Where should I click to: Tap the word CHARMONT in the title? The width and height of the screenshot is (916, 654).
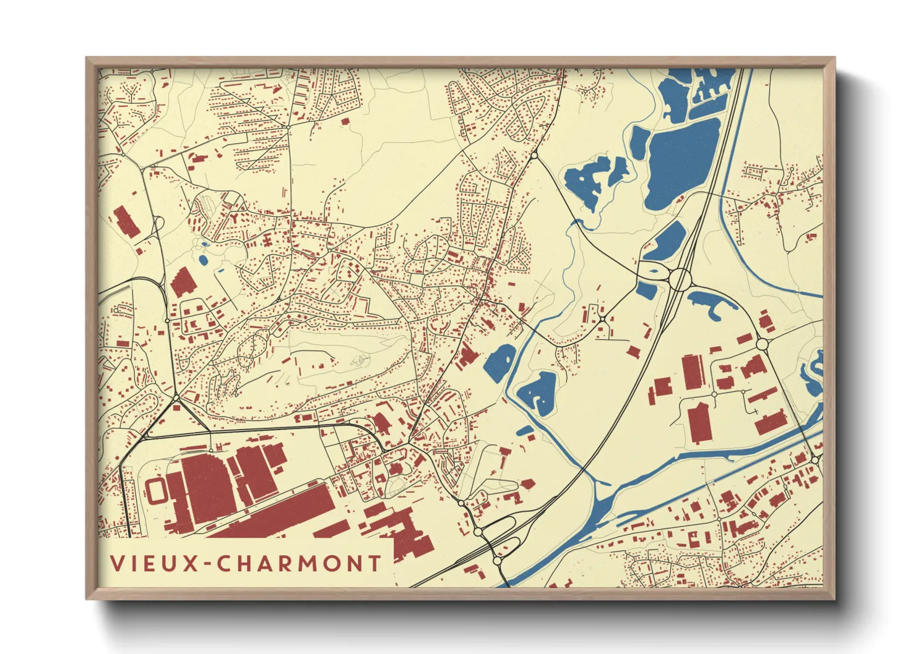pyautogui.click(x=300, y=563)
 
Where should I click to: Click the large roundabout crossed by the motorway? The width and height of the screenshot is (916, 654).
pyautogui.click(x=680, y=279)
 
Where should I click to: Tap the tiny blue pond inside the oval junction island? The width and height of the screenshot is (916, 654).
pyautogui.click(x=652, y=271)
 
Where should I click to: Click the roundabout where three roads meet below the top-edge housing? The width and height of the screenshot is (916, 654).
pyautogui.click(x=534, y=155)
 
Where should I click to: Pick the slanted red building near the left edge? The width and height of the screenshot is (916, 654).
pyautogui.click(x=126, y=221)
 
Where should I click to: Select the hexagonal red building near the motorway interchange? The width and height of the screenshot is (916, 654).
pyautogui.click(x=527, y=484)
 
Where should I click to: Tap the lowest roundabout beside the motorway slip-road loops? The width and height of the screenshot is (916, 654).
pyautogui.click(x=498, y=561)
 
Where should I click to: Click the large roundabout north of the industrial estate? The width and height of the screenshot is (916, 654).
pyautogui.click(x=762, y=344)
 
